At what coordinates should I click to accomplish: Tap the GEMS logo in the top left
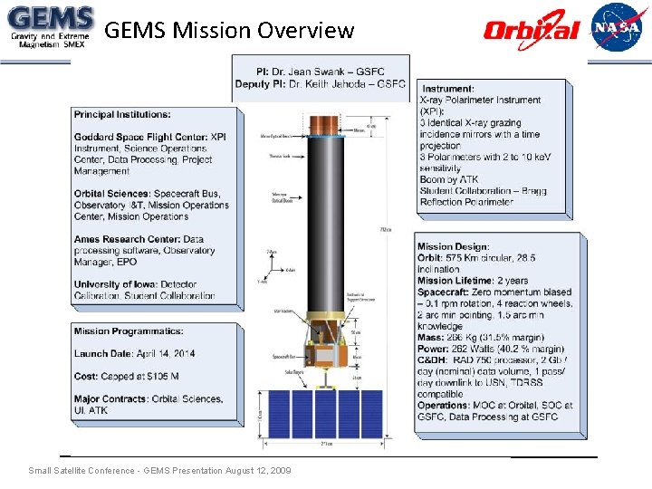pos(49,28)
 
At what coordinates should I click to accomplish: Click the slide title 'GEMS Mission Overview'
pos(229,31)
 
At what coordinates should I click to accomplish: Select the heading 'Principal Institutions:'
pos(122,115)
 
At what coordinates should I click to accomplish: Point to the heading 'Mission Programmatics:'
pos(129,331)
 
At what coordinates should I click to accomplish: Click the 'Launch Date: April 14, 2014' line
pos(134,352)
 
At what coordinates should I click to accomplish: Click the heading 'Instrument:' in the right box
pos(448,89)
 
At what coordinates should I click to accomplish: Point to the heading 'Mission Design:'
pos(454,246)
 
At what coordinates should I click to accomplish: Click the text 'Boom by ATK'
pos(452,179)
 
